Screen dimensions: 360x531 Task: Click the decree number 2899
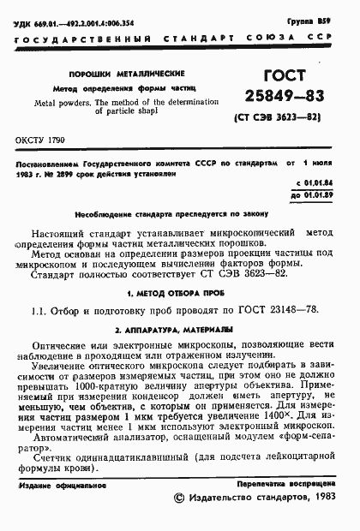(x=70, y=170)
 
